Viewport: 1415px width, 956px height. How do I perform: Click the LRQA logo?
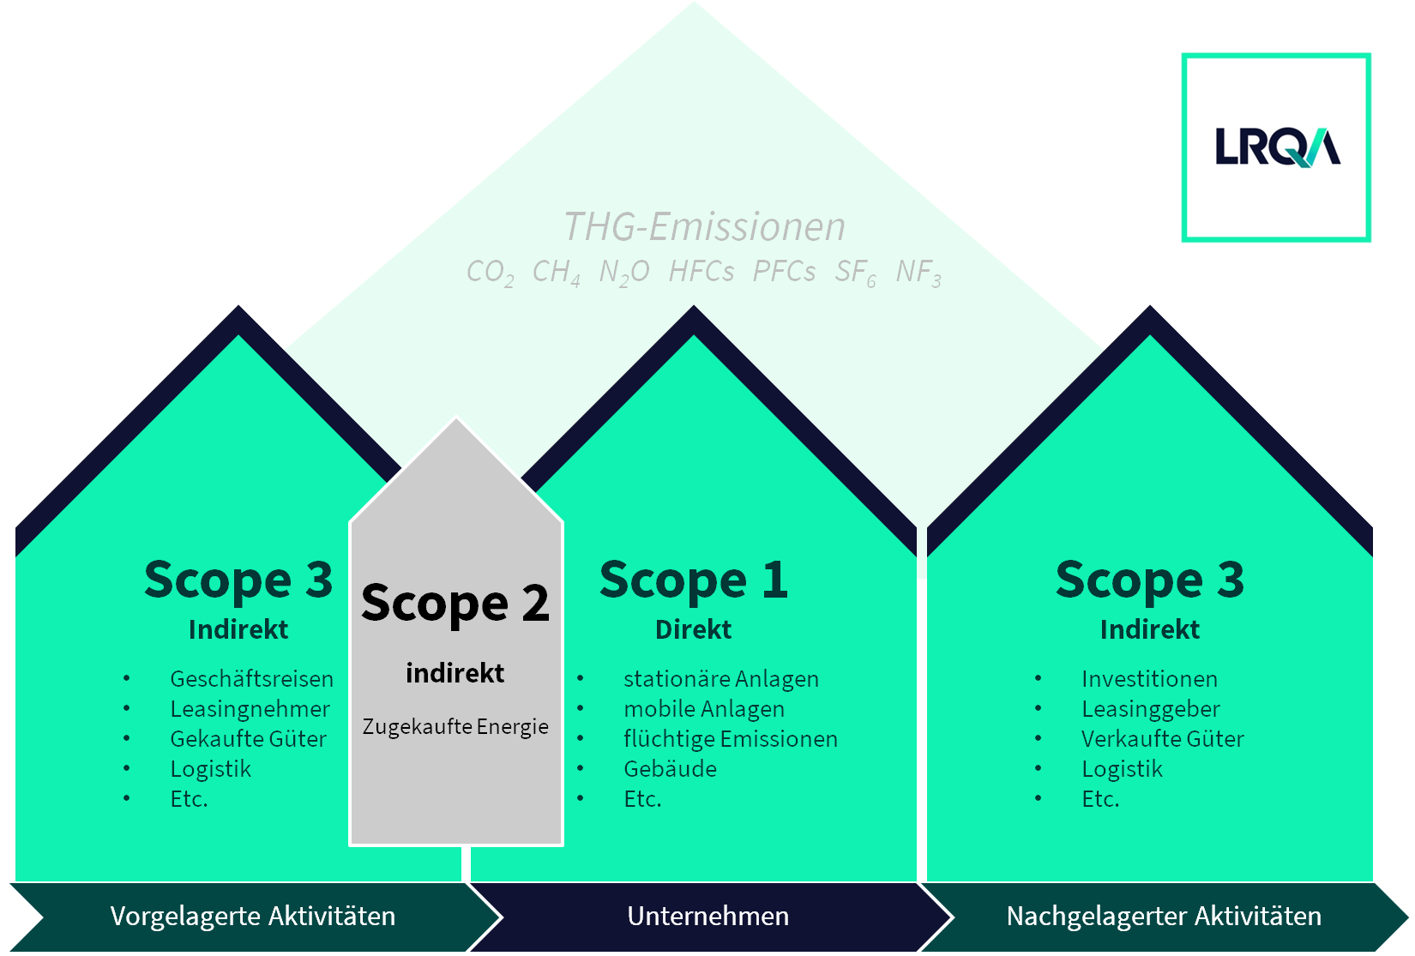pyautogui.click(x=1276, y=147)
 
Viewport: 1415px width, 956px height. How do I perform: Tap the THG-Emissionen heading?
pyautogui.click(x=704, y=227)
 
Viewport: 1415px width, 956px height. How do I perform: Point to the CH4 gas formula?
pyautogui.click(x=556, y=272)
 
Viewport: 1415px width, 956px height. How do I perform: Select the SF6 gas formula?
pyautogui.click(x=855, y=272)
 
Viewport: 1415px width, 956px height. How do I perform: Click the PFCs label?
pyautogui.click(x=784, y=272)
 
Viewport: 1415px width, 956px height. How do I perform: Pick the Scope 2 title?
pyautogui.click(x=455, y=604)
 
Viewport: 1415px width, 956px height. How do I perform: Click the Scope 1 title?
pyautogui.click(x=693, y=580)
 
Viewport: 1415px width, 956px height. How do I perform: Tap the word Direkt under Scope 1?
pyautogui.click(x=693, y=630)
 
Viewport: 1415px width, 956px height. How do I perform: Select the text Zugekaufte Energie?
pyautogui.click(x=455, y=727)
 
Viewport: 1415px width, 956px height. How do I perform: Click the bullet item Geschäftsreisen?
pyautogui.click(x=251, y=679)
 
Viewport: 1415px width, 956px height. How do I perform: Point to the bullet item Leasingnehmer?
pyautogui.click(x=250, y=709)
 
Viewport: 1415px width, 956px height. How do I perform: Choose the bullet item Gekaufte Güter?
pyautogui.click(x=248, y=739)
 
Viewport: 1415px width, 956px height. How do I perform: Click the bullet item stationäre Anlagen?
pyautogui.click(x=720, y=679)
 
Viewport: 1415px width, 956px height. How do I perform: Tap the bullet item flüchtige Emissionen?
pyautogui.click(x=730, y=739)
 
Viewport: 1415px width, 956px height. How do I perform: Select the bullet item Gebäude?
pyautogui.click(x=670, y=769)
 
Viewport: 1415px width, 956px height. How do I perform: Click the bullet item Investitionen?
pyautogui.click(x=1149, y=679)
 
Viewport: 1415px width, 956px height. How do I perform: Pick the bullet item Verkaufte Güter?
pyautogui.click(x=1162, y=739)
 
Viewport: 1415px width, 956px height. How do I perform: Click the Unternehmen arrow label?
pyautogui.click(x=707, y=917)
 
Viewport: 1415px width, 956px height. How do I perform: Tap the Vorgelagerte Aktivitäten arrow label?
pyautogui.click(x=253, y=917)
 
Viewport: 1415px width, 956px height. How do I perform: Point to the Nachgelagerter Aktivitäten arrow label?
pyautogui.click(x=1164, y=917)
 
